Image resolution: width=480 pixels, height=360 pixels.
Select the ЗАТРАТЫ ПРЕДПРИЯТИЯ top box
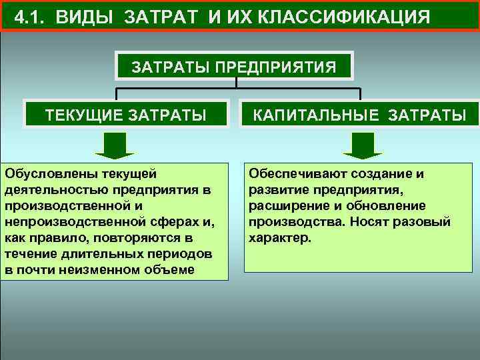pos(235,67)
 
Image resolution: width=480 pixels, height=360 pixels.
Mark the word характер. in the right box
pos(279,237)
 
